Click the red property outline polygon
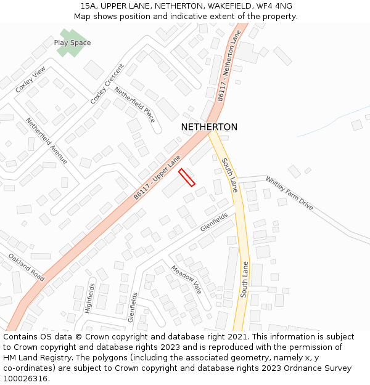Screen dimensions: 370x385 click(187, 177)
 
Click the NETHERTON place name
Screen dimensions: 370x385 click(209, 127)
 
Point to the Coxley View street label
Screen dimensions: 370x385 click(31, 81)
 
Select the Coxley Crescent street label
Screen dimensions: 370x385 click(107, 84)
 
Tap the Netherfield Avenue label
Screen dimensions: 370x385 click(47, 141)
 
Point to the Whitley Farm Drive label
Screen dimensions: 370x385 click(289, 193)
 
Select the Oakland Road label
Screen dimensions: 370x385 click(27, 267)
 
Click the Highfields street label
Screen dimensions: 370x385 click(91, 298)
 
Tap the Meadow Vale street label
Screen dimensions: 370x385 click(187, 280)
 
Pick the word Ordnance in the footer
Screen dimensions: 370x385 click(306, 368)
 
